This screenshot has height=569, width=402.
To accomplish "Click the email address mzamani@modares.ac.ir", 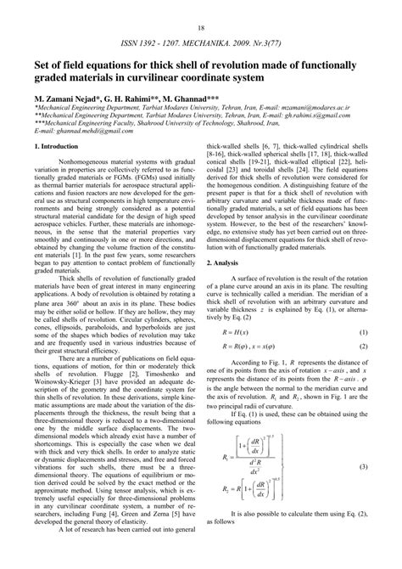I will pyautogui.click(x=331, y=110).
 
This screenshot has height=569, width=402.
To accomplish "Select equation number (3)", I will pyautogui.click(x=362, y=491).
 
